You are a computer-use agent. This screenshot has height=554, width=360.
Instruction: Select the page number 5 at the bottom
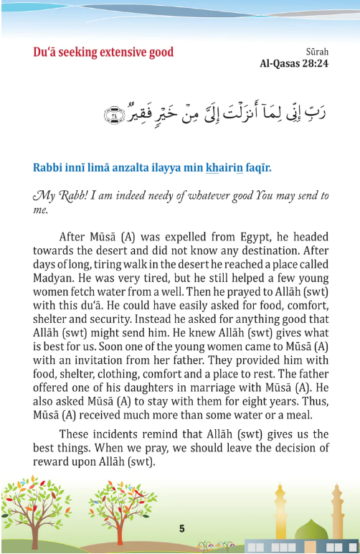point(182,529)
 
